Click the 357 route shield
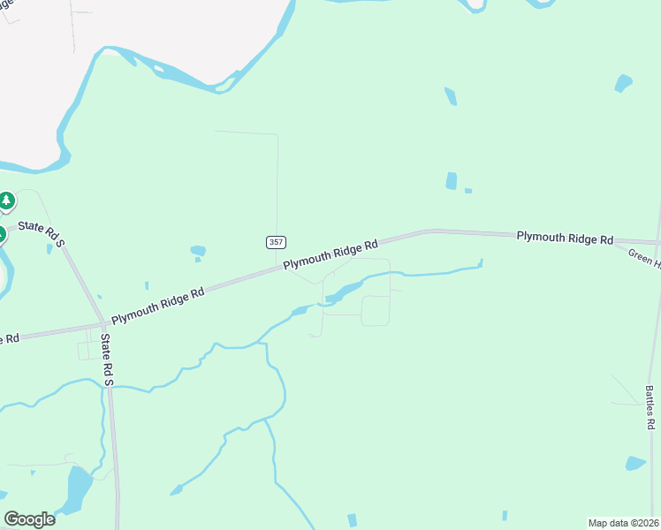275,241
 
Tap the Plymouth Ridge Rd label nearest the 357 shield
330,254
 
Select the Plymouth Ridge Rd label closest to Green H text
565,238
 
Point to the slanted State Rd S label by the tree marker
42,232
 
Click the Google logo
29,519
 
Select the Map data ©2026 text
623,522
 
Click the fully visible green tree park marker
6,201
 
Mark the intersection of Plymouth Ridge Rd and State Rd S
103,322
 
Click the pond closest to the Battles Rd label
634,463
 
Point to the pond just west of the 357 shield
198,251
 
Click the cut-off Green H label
644,257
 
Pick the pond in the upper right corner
624,83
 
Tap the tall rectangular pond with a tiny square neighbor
452,180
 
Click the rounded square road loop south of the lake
376,310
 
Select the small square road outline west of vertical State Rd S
90,351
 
